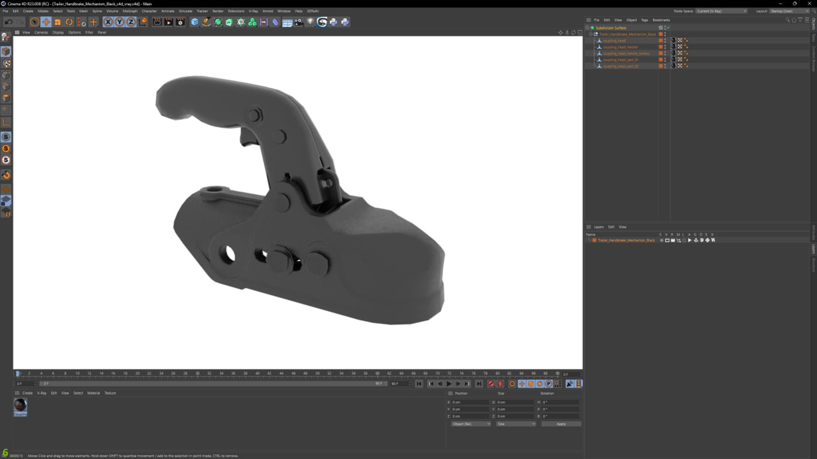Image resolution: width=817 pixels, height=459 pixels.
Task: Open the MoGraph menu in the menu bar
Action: pos(130,11)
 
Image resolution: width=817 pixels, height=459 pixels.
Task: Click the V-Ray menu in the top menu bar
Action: pos(253,11)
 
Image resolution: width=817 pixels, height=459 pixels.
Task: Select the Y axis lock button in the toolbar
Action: pos(120,22)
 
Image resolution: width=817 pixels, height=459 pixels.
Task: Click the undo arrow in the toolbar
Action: pos(9,22)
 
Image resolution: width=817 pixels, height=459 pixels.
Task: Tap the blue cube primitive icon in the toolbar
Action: pos(194,22)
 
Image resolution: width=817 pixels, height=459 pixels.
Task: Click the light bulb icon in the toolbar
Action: pos(311,22)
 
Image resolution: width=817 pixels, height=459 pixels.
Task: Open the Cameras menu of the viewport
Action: pos(41,32)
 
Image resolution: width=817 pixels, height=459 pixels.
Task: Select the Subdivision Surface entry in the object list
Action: pos(611,28)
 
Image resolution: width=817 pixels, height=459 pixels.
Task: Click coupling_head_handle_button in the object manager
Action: pos(626,54)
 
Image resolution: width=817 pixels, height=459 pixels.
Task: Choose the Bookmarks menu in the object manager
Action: pos(661,20)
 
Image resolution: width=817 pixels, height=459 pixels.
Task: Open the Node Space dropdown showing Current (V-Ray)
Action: pos(721,11)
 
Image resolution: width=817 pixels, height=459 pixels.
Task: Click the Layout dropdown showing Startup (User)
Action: pos(788,11)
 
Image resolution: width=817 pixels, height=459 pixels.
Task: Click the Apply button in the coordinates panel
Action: pos(561,424)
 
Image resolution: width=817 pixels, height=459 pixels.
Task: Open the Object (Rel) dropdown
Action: pos(471,424)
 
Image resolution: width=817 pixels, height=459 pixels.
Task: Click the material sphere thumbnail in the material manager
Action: pos(20,405)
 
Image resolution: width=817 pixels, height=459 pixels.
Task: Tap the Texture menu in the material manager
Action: pos(110,393)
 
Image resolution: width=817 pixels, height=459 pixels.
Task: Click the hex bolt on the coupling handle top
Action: pos(254,115)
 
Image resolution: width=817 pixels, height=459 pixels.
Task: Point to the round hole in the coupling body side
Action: pos(228,254)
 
